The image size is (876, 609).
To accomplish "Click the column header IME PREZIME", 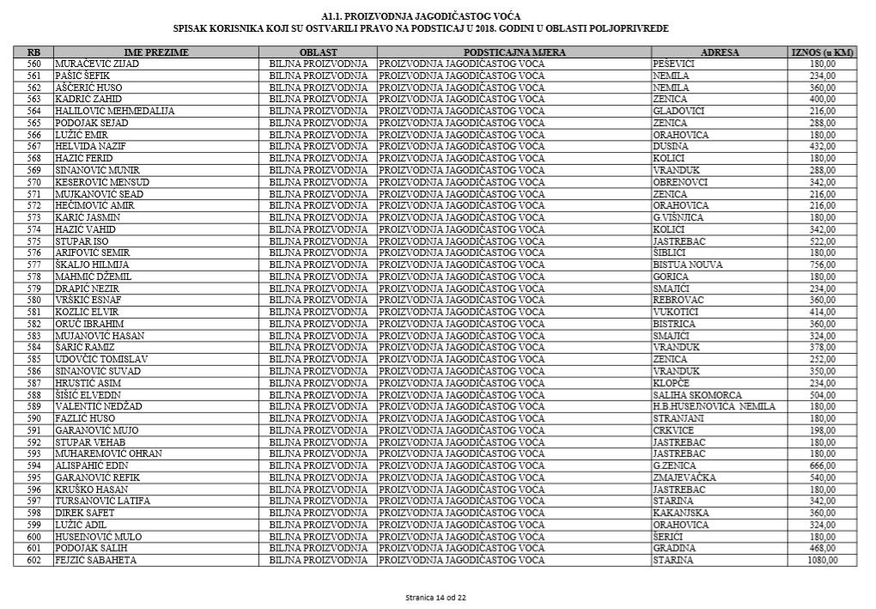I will coord(156,52).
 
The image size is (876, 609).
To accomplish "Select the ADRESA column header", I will coord(720,52).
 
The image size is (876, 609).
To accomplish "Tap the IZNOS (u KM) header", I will coord(822,52).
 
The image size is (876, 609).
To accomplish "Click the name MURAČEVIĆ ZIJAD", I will coord(97,64).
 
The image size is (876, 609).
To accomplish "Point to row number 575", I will coord(34,241).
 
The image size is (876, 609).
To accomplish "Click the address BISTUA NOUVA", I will coord(688,265).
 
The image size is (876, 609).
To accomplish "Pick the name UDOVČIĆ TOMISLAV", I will coord(101,359).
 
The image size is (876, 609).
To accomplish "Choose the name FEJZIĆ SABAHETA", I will coord(96,560).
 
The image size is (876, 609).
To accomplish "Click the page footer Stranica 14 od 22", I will coord(437,597).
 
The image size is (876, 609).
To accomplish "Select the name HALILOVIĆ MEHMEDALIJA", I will coord(115,112).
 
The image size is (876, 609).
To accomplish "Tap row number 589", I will coord(34,406).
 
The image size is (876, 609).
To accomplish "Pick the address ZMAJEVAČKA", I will coord(684,478).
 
